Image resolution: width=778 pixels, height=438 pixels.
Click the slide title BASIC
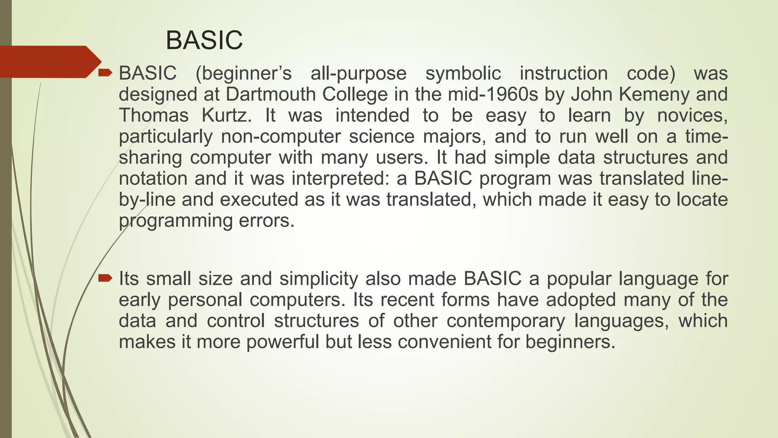[204, 40]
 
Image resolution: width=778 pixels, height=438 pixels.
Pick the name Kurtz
[226, 115]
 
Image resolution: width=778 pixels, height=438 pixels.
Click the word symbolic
[463, 73]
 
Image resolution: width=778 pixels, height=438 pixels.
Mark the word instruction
[564, 73]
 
